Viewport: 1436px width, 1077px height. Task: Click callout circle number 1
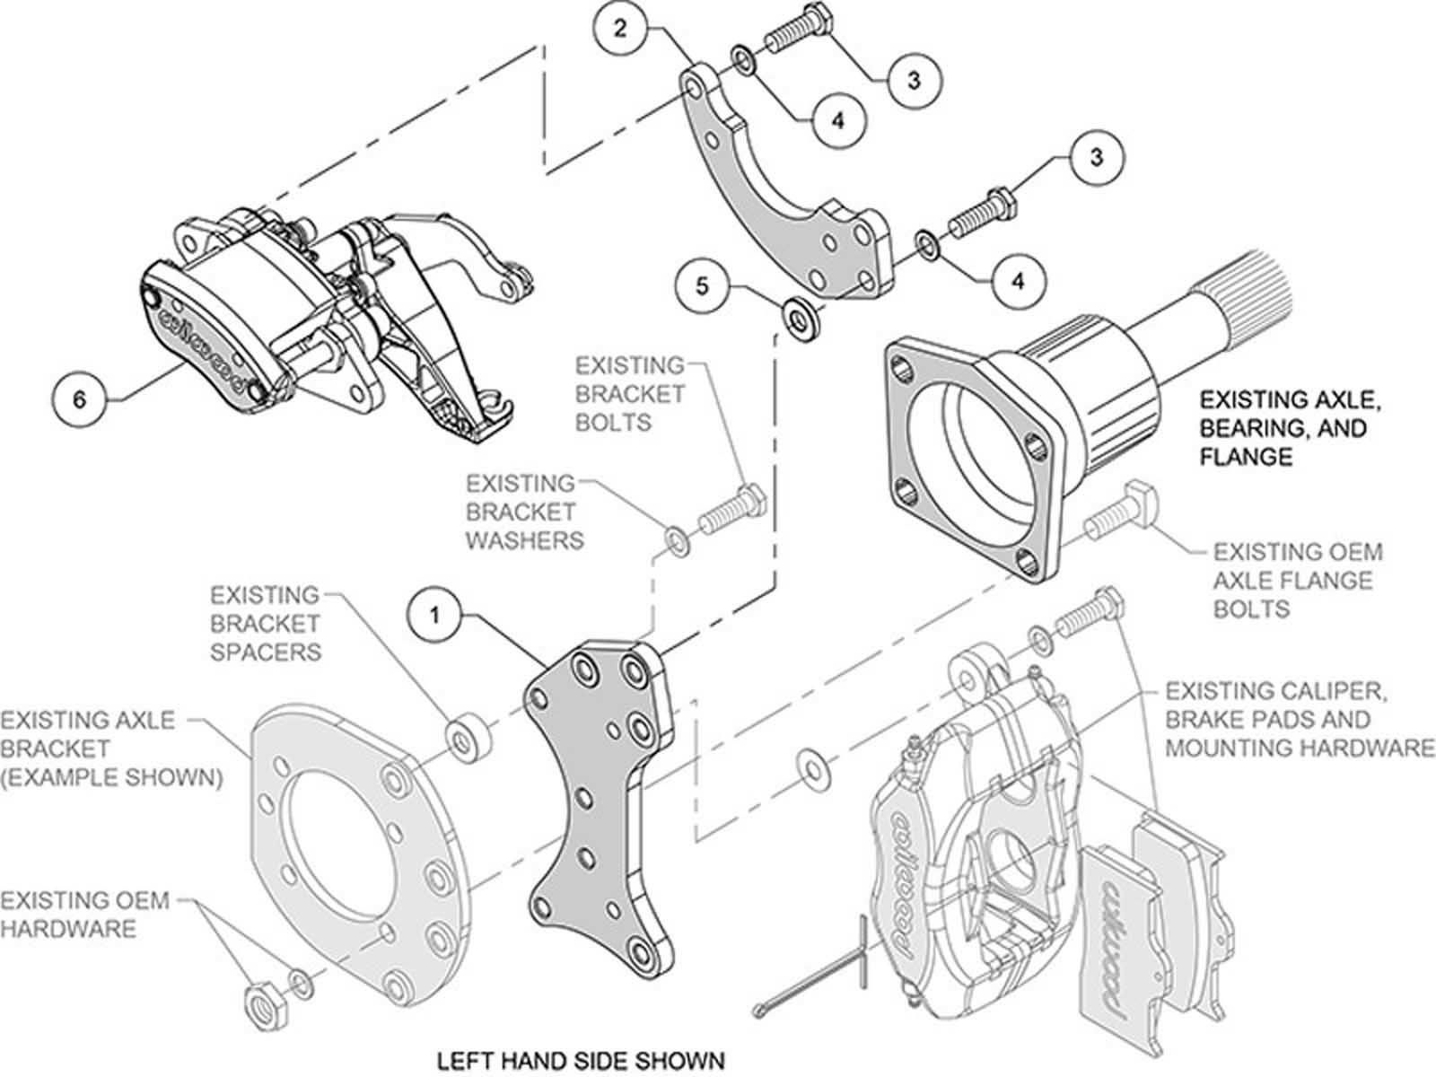435,617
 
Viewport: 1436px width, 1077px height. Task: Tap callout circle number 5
703,286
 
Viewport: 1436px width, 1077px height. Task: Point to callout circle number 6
80,398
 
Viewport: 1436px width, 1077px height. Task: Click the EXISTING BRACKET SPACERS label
265,623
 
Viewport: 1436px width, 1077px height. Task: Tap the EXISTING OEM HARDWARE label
72,914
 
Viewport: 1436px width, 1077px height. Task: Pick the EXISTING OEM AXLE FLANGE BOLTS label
1297,580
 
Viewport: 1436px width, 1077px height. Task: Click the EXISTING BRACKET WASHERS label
523,512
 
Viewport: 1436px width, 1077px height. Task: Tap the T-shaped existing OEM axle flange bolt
1122,512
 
